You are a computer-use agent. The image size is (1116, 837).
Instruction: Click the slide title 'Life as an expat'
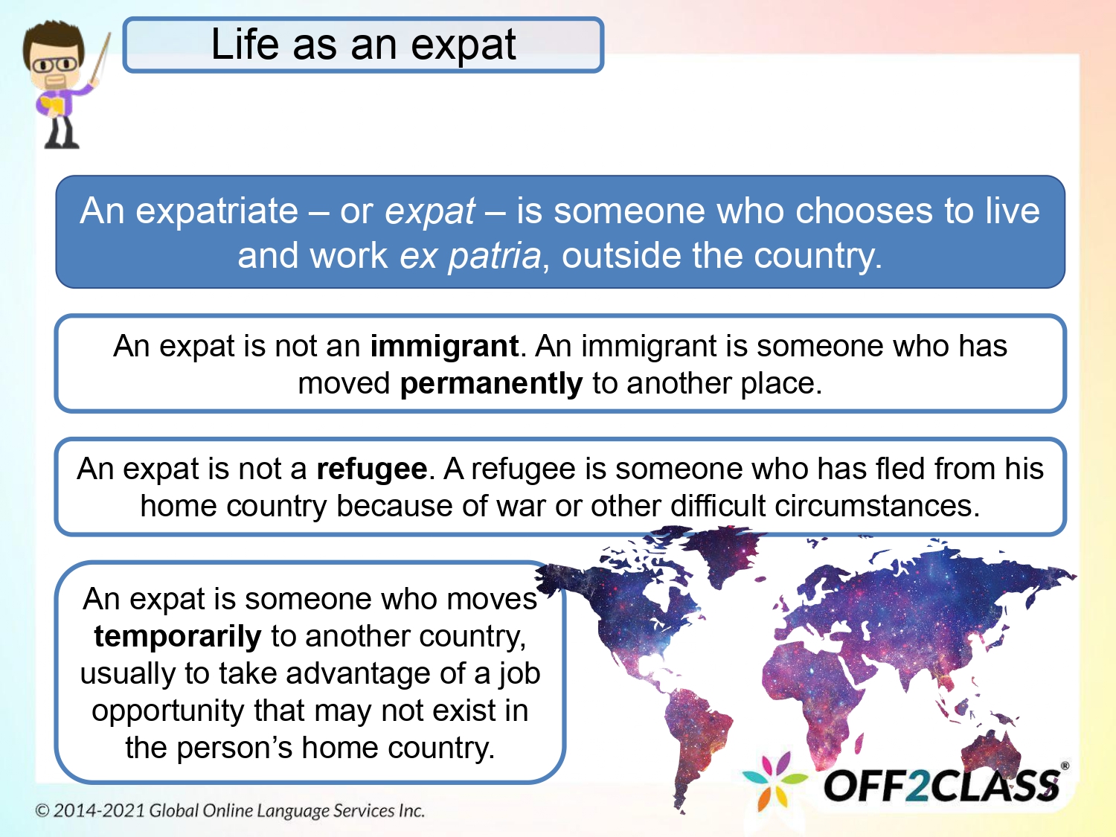(x=363, y=45)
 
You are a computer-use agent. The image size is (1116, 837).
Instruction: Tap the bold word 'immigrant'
(x=443, y=347)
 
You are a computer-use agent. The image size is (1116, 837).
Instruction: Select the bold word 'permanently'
(x=491, y=384)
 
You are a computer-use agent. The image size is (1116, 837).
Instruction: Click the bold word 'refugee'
(x=371, y=469)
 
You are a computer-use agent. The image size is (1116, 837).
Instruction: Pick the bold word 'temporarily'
(x=177, y=637)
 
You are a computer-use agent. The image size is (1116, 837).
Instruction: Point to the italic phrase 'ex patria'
(x=470, y=256)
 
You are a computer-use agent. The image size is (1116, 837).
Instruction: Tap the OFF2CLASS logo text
(x=941, y=786)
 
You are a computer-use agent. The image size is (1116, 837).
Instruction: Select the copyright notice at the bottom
(x=230, y=810)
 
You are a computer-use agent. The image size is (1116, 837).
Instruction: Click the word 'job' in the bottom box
(x=519, y=674)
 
